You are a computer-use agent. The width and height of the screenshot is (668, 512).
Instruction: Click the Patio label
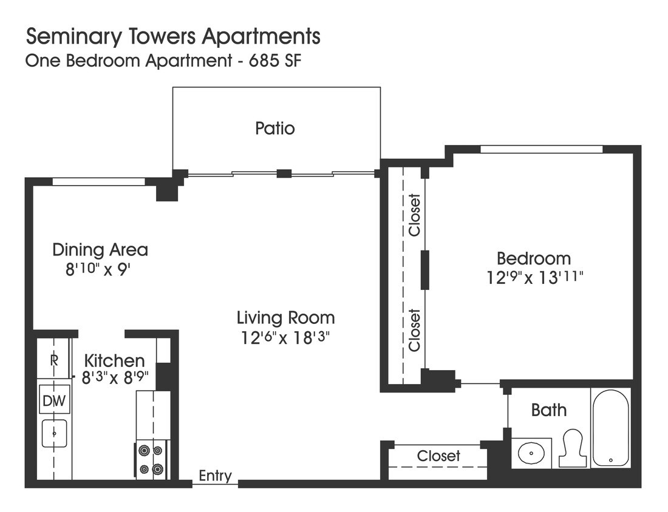pos(275,129)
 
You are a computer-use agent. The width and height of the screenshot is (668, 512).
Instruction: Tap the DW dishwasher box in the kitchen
pos(55,400)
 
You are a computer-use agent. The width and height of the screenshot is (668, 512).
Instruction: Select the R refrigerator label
pos(54,360)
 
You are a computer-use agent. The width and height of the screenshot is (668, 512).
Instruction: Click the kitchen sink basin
pos(55,433)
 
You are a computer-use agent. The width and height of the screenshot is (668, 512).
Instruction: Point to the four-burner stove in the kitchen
pos(151,460)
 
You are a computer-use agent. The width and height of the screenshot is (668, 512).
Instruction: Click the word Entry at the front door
pos(216,476)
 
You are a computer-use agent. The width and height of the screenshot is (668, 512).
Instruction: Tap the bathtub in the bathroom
pos(610,428)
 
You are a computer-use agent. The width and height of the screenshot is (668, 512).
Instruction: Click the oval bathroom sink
pos(531,453)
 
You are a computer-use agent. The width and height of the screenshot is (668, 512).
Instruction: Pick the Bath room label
pos(548,410)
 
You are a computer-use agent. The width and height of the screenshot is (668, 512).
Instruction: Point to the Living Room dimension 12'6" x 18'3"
pos(285,337)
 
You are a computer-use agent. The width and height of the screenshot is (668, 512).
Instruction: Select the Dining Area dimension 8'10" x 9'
pos(98,269)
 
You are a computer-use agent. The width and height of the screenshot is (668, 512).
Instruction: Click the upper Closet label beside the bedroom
pos(414,215)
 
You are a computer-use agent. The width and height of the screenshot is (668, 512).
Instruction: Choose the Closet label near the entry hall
pos(438,456)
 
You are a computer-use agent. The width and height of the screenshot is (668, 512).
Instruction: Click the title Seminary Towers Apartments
pos(172,36)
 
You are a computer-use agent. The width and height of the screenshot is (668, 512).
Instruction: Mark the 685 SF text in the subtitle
pos(281,61)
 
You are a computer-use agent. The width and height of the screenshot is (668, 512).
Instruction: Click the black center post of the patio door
pos(284,173)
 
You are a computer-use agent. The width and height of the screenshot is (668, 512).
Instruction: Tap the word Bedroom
pos(533,258)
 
